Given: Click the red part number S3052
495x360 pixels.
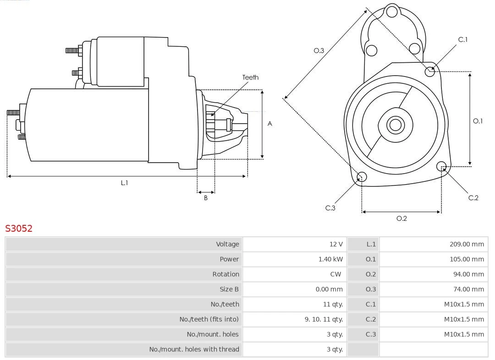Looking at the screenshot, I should click(x=19, y=229).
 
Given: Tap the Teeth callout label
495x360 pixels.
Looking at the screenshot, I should click(x=250, y=77).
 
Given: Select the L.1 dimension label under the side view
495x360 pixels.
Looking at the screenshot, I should click(x=124, y=183).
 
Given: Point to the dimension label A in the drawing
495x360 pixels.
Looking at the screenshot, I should click(x=270, y=124).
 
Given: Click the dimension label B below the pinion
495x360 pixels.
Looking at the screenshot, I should click(x=206, y=198).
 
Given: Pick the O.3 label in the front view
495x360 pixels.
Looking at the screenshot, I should click(x=319, y=51).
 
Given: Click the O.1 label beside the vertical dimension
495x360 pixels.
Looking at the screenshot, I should click(x=478, y=121).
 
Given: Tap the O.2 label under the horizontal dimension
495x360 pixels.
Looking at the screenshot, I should click(x=401, y=218).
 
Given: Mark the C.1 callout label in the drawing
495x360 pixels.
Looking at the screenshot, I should click(x=463, y=40).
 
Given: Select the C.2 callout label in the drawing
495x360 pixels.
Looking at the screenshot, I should click(x=473, y=198).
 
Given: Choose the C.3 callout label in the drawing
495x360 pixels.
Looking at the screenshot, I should click(x=330, y=208).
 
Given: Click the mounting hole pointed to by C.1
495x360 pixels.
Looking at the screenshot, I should click(x=430, y=71).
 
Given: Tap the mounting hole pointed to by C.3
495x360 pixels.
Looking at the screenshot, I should click(x=362, y=177).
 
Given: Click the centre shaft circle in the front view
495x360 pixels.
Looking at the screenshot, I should click(x=395, y=125).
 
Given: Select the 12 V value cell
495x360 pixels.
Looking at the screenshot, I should click(x=336, y=244).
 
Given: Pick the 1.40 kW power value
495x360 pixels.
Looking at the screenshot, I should click(x=330, y=259).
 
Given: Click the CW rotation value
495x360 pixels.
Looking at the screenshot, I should click(x=336, y=274).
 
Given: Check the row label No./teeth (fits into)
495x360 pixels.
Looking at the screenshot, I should click(x=209, y=319).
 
